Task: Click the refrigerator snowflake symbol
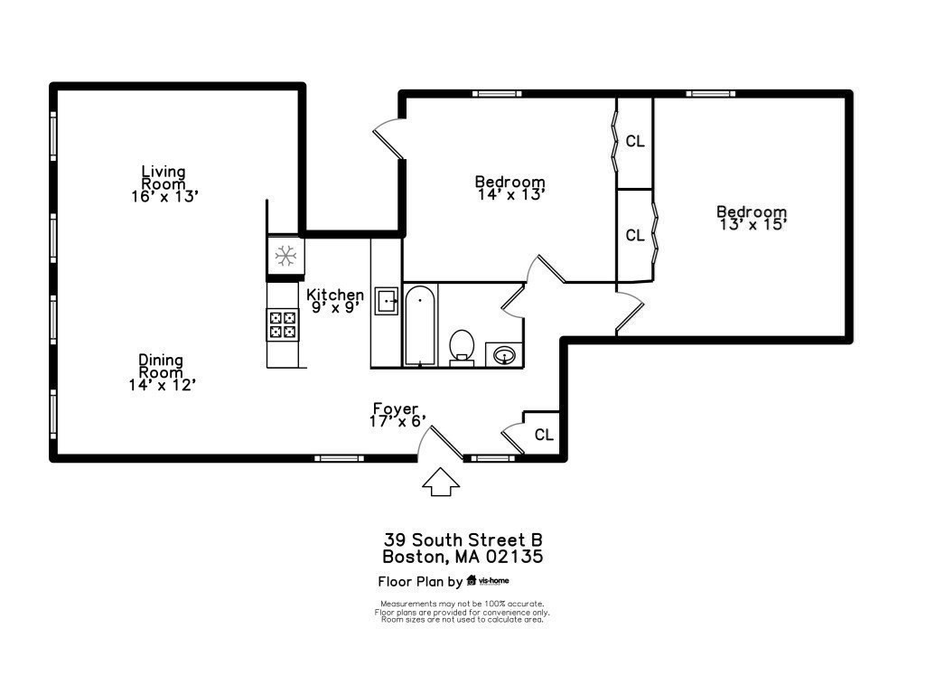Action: tap(285, 256)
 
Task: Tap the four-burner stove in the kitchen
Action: tap(282, 324)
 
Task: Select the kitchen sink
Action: tap(388, 300)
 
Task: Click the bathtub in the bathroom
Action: tap(420, 324)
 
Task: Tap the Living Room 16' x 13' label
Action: tap(164, 183)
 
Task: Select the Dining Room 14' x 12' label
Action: tap(162, 371)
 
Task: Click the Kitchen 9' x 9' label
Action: tap(335, 300)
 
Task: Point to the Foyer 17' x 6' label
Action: tap(396, 415)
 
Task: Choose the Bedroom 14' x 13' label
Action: tap(510, 187)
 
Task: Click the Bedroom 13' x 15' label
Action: tap(752, 218)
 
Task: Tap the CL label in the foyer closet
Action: tap(544, 435)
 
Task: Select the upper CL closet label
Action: tap(635, 141)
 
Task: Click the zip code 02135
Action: tap(514, 557)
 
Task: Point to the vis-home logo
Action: tap(493, 581)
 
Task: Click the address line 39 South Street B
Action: tap(462, 539)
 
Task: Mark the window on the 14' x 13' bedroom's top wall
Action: tap(498, 93)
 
